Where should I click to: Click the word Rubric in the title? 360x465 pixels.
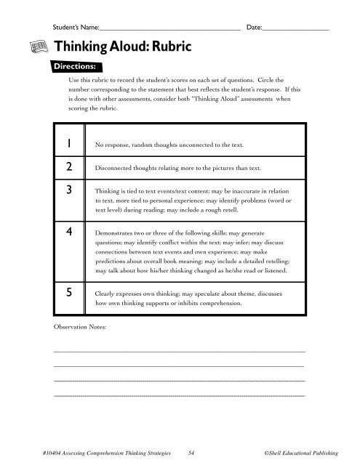click(x=169, y=46)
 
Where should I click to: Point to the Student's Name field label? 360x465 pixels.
click(x=75, y=27)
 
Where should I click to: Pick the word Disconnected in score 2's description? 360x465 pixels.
click(x=117, y=168)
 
